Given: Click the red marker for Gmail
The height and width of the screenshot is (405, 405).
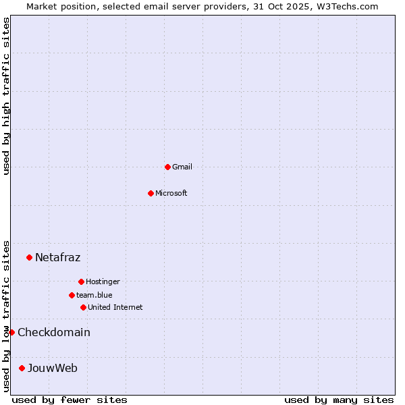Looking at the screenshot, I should pyautogui.click(x=167, y=167).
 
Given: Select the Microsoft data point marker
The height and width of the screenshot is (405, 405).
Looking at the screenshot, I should pyautogui.click(x=151, y=193).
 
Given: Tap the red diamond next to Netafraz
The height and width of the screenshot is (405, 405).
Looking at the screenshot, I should pyautogui.click(x=29, y=257).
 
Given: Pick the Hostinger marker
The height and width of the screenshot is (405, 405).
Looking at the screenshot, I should pyautogui.click(x=81, y=281).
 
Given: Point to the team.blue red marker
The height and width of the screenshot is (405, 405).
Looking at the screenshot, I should pyautogui.click(x=72, y=295).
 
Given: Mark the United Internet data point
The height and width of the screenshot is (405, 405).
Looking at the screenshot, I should pyautogui.click(x=83, y=307).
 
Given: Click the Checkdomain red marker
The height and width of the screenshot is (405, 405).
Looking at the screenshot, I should pyautogui.click(x=11, y=332).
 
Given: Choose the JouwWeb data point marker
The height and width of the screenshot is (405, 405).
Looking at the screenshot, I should pyautogui.click(x=22, y=368).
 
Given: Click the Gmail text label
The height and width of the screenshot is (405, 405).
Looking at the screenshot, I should pyautogui.click(x=182, y=167).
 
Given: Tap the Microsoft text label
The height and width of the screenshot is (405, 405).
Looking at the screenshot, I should pyautogui.click(x=171, y=193).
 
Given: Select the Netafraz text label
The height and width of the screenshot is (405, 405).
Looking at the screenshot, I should pyautogui.click(x=58, y=257).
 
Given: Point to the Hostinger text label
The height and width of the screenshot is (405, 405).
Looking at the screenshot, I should pyautogui.click(x=103, y=281).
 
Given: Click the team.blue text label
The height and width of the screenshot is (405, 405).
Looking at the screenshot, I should pyautogui.click(x=94, y=295).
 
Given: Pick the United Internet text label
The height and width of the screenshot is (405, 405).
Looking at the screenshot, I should pyautogui.click(x=115, y=307).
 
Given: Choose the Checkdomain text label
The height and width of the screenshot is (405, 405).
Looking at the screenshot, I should pyautogui.click(x=54, y=332).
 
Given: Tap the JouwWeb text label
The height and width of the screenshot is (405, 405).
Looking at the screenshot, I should pyautogui.click(x=53, y=368).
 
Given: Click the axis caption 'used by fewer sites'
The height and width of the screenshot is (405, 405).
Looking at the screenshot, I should pyautogui.click(x=70, y=400).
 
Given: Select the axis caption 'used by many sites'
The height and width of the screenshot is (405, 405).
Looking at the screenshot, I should pyautogui.click(x=339, y=400).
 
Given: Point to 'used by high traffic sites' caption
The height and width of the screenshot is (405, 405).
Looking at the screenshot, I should pyautogui.click(x=6, y=96).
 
